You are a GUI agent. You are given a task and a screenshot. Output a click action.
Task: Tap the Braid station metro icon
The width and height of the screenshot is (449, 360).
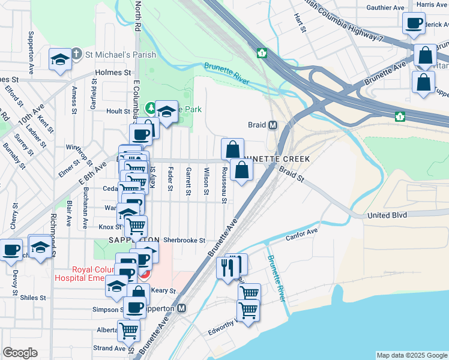click(x=273, y=125)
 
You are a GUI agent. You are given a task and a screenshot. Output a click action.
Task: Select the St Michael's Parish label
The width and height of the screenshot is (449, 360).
click(x=120, y=55)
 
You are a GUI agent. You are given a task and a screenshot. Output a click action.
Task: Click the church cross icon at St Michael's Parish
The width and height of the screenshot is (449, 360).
click(x=76, y=55)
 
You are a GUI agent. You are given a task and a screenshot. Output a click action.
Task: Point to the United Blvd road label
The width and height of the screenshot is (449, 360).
click(x=387, y=215)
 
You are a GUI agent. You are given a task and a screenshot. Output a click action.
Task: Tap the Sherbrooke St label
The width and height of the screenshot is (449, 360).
click(x=184, y=240)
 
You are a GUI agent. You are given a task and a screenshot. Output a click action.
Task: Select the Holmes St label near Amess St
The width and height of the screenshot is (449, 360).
click(x=113, y=73)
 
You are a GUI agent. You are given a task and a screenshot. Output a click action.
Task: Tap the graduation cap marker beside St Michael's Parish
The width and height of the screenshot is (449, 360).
click(x=60, y=59)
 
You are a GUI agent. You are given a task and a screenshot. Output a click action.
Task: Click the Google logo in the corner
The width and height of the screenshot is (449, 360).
click(x=20, y=353)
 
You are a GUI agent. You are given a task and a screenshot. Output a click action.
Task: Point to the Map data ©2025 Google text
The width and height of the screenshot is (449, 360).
click(x=411, y=355)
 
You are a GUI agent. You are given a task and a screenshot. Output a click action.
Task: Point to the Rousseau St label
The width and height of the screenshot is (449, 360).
click(x=223, y=184)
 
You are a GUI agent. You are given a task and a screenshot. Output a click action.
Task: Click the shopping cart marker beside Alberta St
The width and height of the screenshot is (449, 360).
click(x=128, y=330)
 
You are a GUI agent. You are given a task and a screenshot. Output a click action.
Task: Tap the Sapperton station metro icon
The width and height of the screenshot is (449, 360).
click(x=182, y=308)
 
